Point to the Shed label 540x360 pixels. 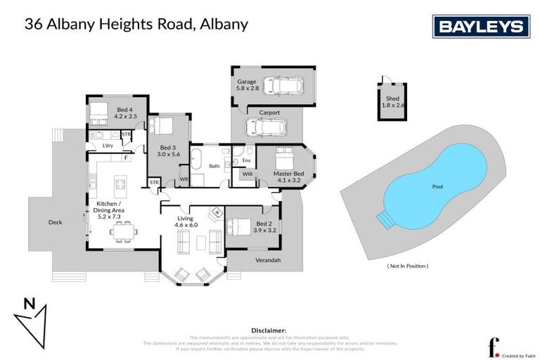pos(392,99)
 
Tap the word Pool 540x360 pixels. pos(437,188)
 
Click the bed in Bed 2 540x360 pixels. pos(241,227)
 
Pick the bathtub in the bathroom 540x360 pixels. pos(198,158)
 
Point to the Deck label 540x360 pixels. pos(55,222)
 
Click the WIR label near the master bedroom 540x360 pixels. pos(247,173)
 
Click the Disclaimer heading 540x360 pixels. pos(269,330)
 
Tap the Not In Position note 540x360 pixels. pos(408,266)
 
